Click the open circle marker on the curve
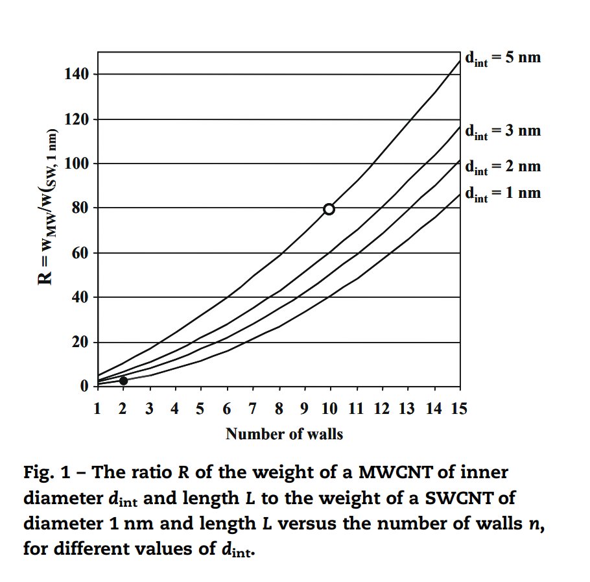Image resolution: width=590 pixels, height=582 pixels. [x=329, y=209]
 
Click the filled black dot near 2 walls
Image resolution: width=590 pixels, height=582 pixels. [x=123, y=381]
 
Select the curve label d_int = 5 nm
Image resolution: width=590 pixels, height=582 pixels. [x=502, y=58]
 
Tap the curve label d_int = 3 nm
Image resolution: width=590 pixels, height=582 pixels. [x=502, y=131]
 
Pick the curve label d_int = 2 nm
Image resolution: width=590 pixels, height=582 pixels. [x=502, y=167]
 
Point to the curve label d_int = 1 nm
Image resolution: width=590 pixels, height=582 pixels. [x=502, y=193]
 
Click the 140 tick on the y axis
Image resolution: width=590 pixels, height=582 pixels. [x=77, y=75]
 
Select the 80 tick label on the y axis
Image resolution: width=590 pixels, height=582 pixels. [x=80, y=208]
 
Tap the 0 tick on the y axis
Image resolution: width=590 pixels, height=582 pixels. [x=85, y=387]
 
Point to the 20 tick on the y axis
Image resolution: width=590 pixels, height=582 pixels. [x=80, y=343]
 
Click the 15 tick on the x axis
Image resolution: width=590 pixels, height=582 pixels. [x=459, y=409]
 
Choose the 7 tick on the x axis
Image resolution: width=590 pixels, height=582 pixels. [x=252, y=409]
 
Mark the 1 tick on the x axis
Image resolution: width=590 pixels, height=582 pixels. [x=98, y=409]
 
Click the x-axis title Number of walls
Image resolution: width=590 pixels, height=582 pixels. [x=284, y=435]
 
